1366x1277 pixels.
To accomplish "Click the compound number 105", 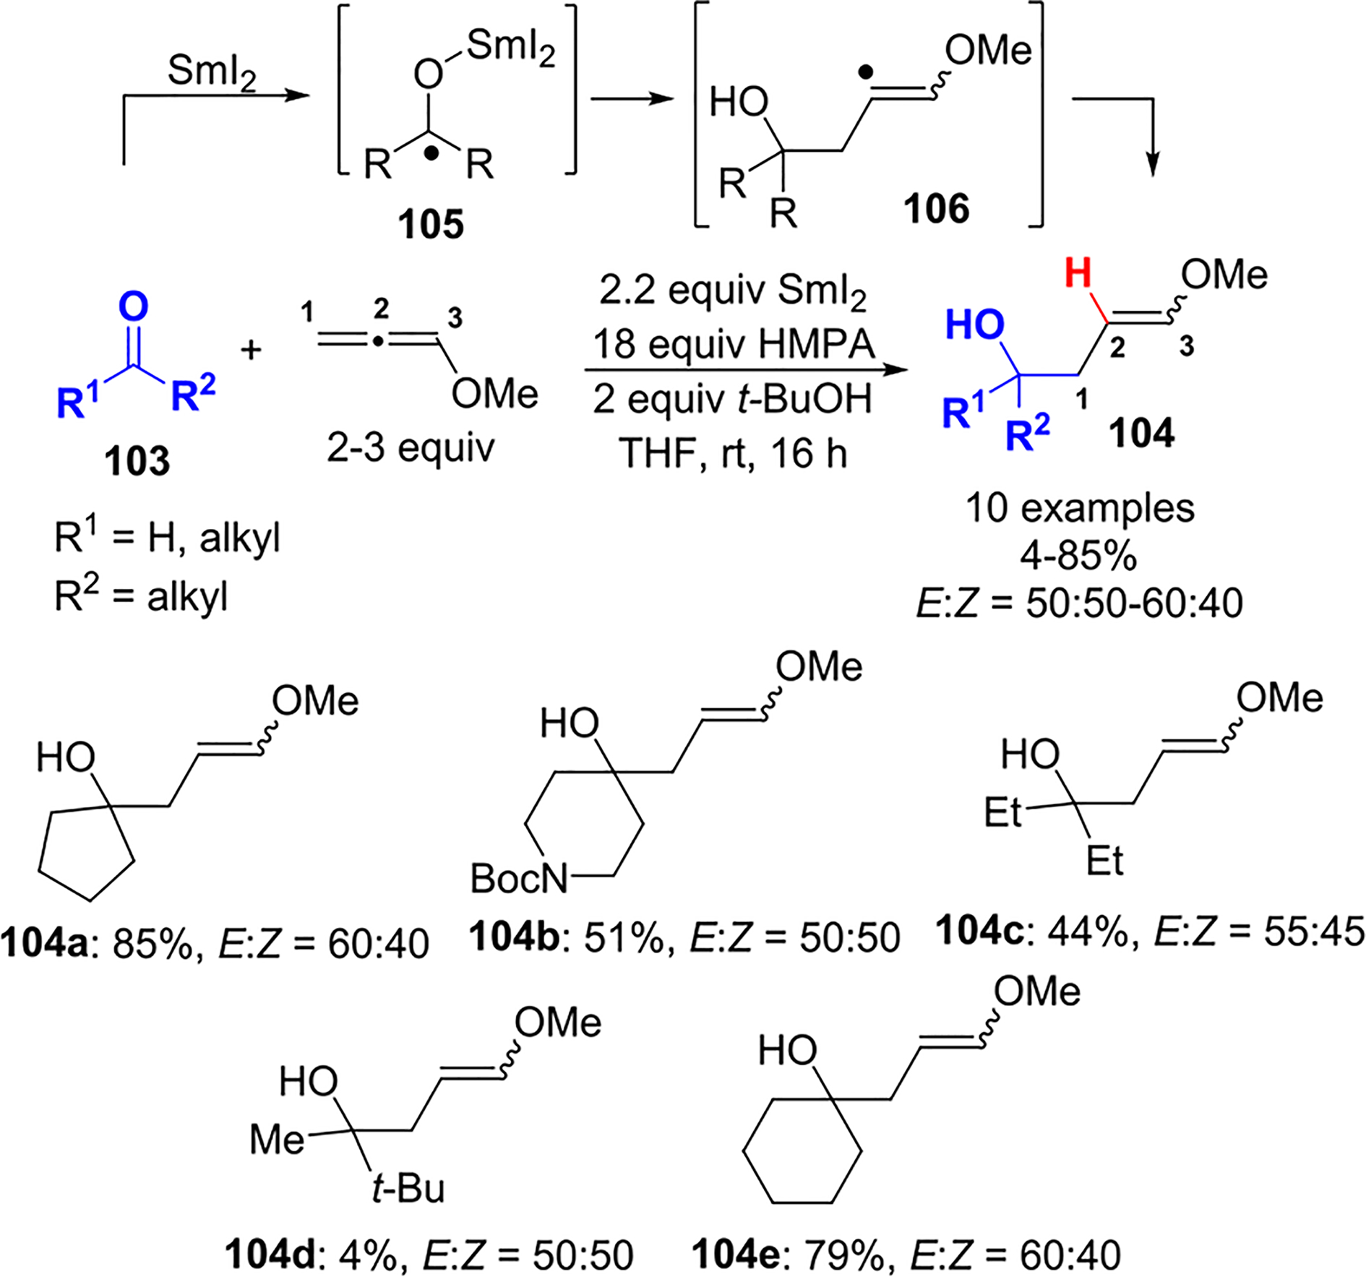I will click(431, 224).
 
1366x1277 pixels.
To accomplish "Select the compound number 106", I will click(936, 209).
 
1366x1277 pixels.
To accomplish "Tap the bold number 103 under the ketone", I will click(137, 460).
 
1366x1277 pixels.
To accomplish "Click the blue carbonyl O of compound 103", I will click(133, 306).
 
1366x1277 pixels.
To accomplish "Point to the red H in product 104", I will click(1078, 275).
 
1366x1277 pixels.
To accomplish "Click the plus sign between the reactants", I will click(252, 351).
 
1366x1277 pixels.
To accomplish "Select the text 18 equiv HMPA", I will click(733, 345).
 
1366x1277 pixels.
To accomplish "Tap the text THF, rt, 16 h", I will click(733, 454).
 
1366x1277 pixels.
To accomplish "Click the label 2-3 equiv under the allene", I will click(411, 448).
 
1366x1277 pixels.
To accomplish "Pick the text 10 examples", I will click(1080, 508).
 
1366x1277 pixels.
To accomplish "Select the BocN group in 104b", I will click(519, 878).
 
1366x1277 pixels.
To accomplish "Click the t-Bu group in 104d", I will click(408, 1188).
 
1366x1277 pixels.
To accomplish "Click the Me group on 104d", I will click(277, 1140).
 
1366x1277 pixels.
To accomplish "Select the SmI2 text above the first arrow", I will click(212, 72).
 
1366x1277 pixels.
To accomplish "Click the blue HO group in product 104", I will click(974, 325).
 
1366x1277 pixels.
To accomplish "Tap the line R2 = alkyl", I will click(142, 597).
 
